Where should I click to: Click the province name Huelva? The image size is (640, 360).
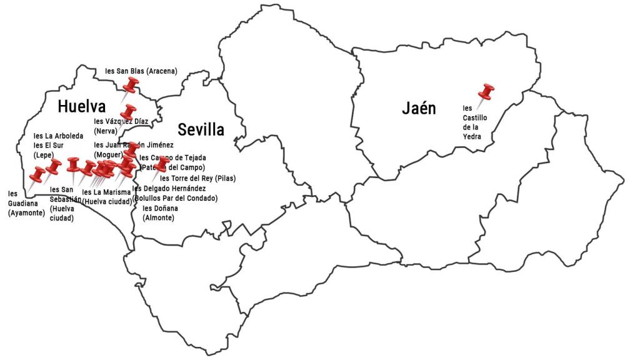[x=81, y=107]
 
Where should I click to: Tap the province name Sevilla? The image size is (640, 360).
[x=201, y=130]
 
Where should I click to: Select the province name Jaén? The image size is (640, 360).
[x=419, y=109]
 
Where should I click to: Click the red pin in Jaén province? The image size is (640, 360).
[x=486, y=92]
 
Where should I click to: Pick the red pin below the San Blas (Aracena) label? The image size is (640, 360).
[x=131, y=85]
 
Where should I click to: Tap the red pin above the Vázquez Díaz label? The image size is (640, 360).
[x=129, y=112]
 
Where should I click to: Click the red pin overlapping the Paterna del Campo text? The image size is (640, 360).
[x=163, y=164]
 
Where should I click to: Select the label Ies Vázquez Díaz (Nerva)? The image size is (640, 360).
[x=121, y=126]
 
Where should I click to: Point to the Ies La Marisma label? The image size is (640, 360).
[x=107, y=196]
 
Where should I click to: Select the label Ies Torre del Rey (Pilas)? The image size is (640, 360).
[x=189, y=178]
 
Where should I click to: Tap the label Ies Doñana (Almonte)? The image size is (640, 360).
[x=161, y=212]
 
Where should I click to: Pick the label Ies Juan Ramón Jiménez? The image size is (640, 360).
[x=134, y=146]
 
